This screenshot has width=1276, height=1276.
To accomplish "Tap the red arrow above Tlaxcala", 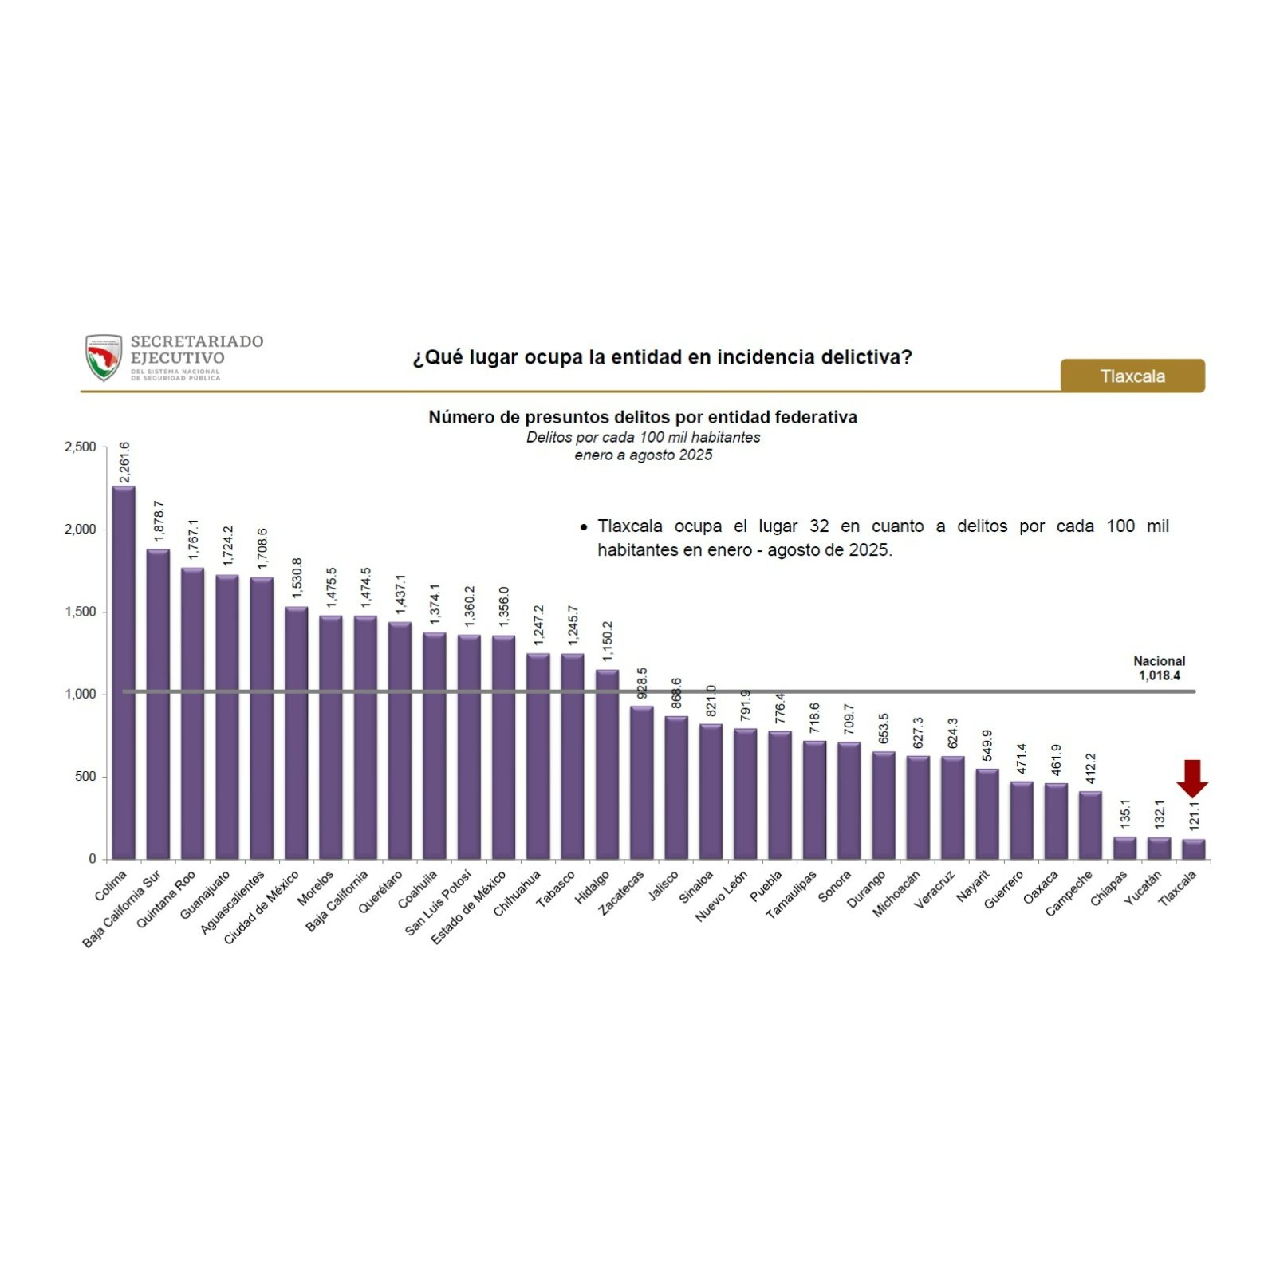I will pyautogui.click(x=1192, y=778).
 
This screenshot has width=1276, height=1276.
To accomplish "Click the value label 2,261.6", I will pyautogui.click(x=124, y=463).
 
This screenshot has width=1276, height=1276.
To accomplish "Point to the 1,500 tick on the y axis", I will pyautogui.click(x=80, y=612).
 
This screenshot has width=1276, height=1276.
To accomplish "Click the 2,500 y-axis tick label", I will pyautogui.click(x=80, y=447).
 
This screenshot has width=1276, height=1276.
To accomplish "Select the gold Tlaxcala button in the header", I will pyautogui.click(x=1132, y=376).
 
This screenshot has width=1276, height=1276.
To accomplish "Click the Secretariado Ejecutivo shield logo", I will pyautogui.click(x=104, y=357).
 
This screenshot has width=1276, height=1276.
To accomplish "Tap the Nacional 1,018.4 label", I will pyautogui.click(x=1159, y=668).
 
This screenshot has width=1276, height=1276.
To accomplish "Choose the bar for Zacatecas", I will pyautogui.click(x=642, y=782).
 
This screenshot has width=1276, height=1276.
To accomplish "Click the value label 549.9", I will pyautogui.click(x=987, y=745).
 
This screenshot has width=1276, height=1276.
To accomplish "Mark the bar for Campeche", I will pyautogui.click(x=1090, y=825).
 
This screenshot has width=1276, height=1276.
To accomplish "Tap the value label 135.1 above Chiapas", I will pyautogui.click(x=1125, y=813).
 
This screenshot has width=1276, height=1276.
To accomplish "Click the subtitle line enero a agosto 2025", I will pyautogui.click(x=643, y=455).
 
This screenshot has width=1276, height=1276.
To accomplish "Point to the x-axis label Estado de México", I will pyautogui.click(x=469, y=908).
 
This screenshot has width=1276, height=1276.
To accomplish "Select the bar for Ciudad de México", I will pyautogui.click(x=296, y=733).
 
